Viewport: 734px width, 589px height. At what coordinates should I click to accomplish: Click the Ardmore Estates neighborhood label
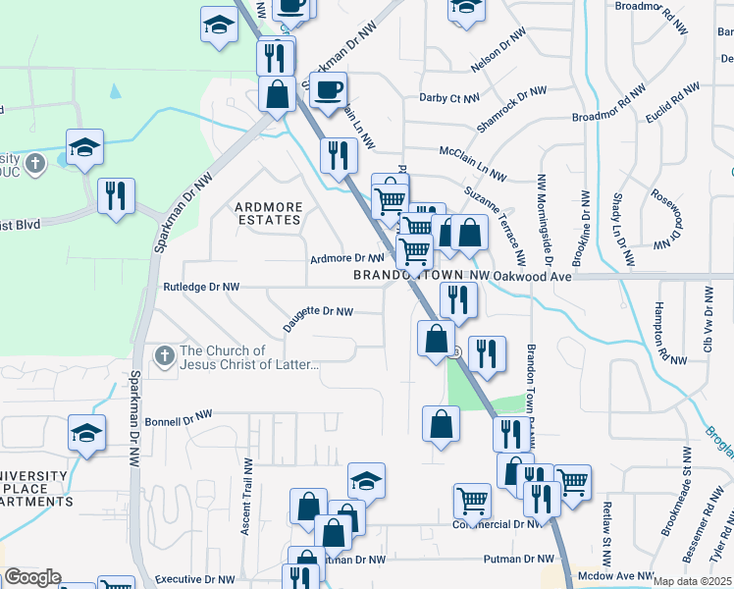point(268,213)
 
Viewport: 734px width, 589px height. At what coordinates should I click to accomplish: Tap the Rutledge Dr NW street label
point(201,288)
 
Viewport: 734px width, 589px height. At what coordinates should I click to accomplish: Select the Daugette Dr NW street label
point(317,311)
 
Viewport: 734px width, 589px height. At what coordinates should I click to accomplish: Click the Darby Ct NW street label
point(448,98)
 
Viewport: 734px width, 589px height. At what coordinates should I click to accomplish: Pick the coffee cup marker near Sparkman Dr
point(329,90)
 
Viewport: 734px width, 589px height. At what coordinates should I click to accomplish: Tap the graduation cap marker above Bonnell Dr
point(86,433)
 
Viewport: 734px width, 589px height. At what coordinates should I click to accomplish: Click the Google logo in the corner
point(31,577)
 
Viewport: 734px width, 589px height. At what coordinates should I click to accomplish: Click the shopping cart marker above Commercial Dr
point(472,501)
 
